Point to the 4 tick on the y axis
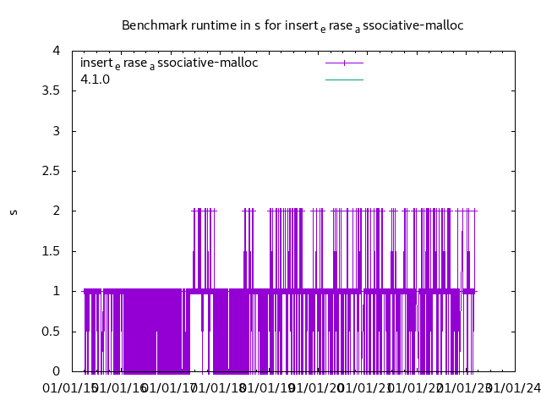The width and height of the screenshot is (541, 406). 56,51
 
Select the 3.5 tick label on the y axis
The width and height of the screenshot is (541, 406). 50,91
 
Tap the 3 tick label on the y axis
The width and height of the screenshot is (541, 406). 56,131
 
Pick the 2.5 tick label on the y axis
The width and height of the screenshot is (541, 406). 50,171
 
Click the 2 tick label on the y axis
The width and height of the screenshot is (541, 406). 56,211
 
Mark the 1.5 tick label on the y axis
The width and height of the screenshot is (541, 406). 50,251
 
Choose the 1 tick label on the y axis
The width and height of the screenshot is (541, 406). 56,291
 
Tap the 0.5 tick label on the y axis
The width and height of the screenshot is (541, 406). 50,331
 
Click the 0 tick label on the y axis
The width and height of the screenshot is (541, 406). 56,371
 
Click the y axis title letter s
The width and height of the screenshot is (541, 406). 14,211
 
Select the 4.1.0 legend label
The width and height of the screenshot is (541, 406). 95,80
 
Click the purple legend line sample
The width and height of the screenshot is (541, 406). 344,63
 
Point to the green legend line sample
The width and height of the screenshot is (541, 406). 344,80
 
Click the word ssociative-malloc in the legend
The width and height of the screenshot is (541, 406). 208,63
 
